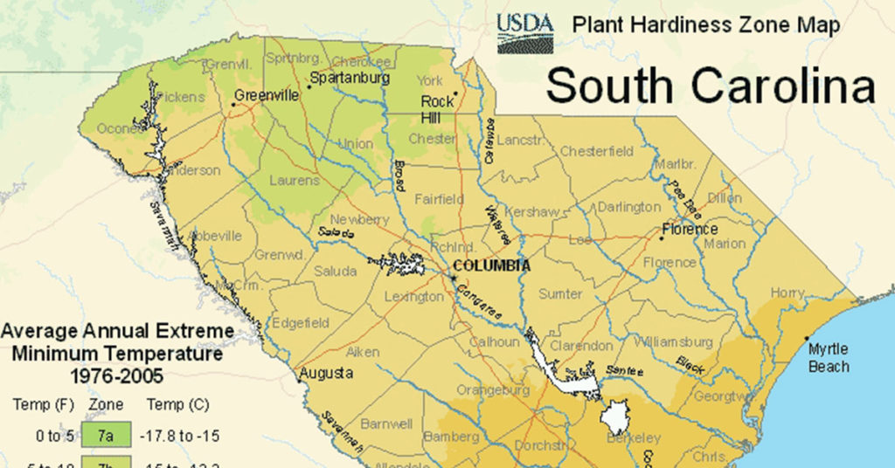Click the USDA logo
coord(525,32)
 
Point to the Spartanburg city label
coord(349,79)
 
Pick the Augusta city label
coord(326,374)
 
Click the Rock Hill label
coord(437,109)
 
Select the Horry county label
coord(787,293)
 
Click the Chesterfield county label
coord(597,151)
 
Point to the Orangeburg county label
coord(493,390)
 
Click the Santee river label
coord(626,371)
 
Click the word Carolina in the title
coord(785,86)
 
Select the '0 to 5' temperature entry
coord(35,432)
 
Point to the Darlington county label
coord(629,208)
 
